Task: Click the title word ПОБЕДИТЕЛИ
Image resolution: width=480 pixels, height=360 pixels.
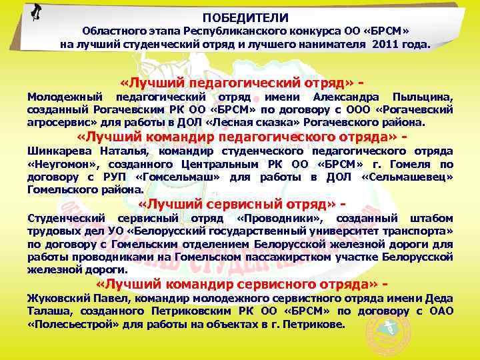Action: coord(245,18)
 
